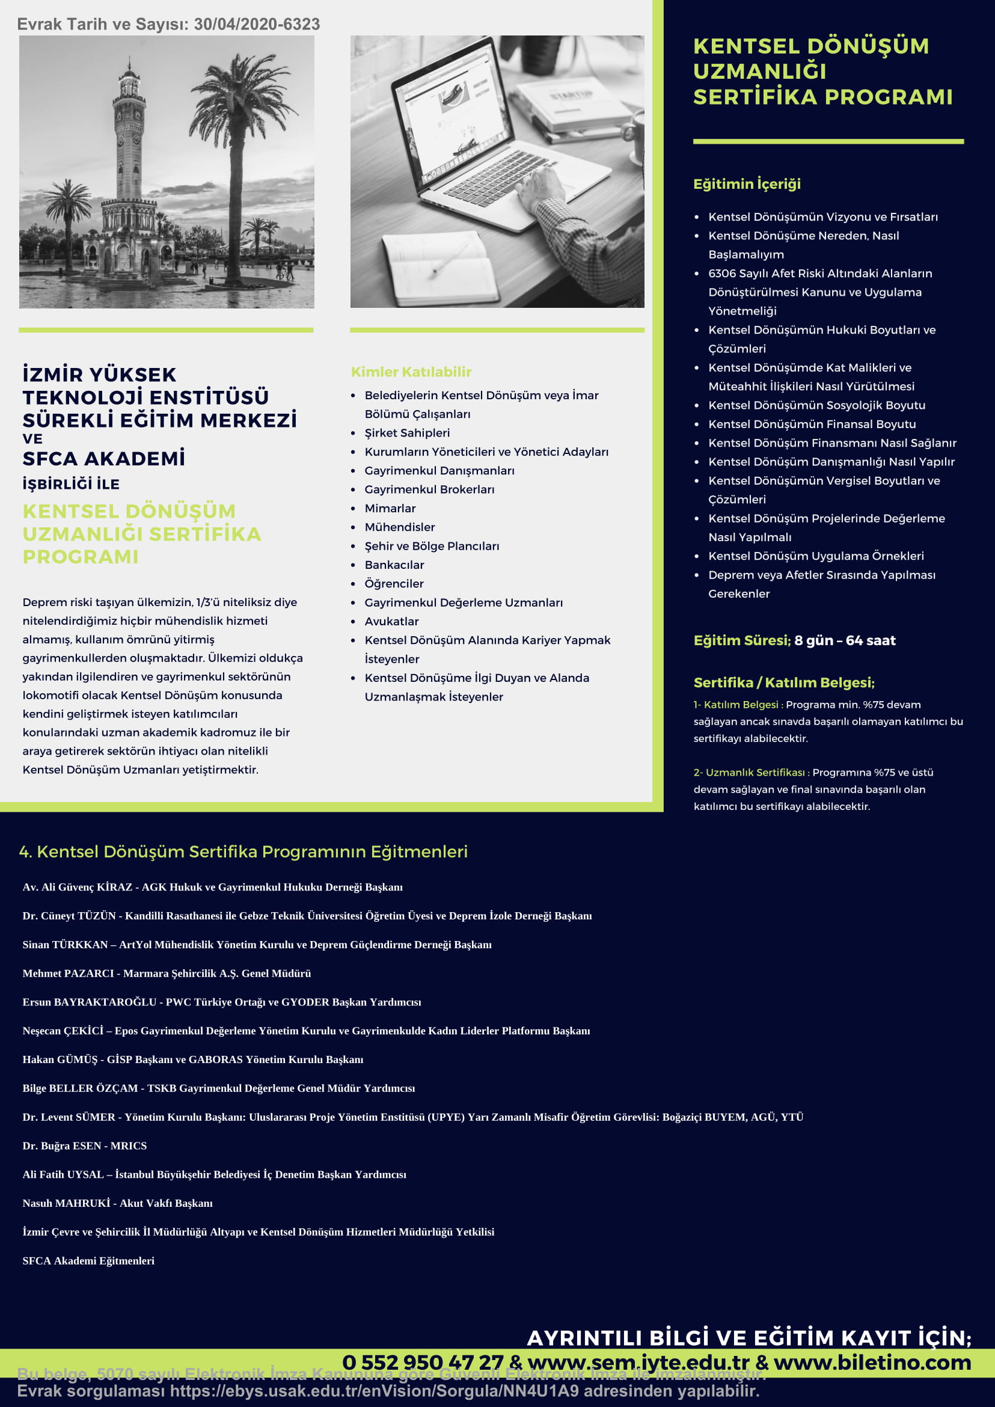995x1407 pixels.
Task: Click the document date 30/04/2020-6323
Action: [257, 25]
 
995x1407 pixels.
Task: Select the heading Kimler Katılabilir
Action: [411, 372]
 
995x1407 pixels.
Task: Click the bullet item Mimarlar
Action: [390, 509]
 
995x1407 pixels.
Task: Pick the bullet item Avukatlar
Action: [391, 621]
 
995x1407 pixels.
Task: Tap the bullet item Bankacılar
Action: [394, 565]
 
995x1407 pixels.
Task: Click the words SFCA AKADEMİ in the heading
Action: [103, 458]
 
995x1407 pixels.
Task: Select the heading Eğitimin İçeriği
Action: [747, 184]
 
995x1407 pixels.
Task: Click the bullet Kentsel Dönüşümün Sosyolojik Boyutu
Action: [816, 405]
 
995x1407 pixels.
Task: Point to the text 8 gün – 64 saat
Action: [845, 640]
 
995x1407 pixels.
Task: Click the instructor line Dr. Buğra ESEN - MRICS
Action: [85, 1146]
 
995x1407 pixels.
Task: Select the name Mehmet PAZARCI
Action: [68, 973]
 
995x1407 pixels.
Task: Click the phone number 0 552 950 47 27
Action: [423, 1363]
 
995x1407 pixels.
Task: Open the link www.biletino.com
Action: [872, 1363]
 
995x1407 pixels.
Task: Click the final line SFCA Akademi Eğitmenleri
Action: [88, 1260]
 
